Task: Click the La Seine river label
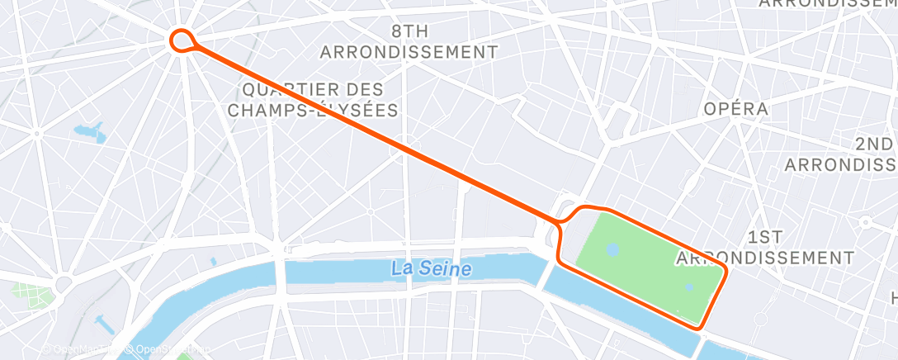pos(432,268)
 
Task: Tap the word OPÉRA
pos(735,109)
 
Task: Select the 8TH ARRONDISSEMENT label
pos(409,42)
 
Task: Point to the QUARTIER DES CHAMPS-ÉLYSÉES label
pos(313,99)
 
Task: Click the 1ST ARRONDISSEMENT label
pos(765,248)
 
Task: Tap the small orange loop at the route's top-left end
pos(182,39)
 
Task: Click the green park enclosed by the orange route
pos(644,256)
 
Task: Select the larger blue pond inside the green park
pos(612,249)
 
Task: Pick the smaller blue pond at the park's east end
pos(689,287)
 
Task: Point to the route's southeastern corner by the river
pos(702,328)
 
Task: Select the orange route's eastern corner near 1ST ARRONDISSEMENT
pos(725,270)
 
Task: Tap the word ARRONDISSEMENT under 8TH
pos(409,52)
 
